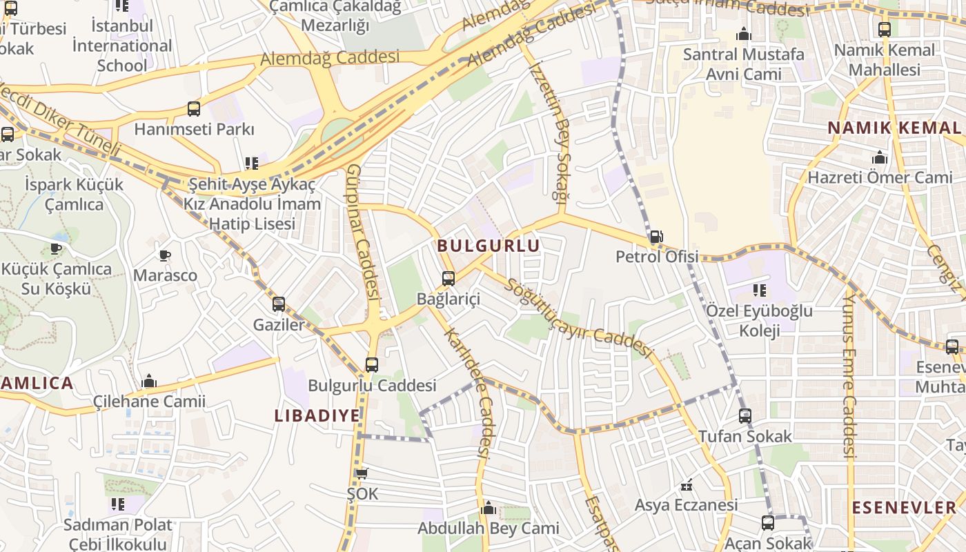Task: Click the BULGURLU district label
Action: click(489, 246)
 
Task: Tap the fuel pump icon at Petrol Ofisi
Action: click(656, 237)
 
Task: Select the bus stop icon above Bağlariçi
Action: click(448, 279)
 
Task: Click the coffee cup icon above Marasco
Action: click(165, 256)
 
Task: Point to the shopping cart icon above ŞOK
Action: click(362, 474)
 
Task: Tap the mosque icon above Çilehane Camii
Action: click(149, 382)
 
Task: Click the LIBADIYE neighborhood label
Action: click(317, 415)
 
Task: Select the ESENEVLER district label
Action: click(904, 509)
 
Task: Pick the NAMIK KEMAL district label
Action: click(894, 128)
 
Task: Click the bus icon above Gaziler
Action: click(279, 304)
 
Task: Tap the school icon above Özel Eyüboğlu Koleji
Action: click(760, 290)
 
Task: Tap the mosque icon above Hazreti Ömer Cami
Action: click(880, 158)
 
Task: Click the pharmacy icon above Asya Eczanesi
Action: click(686, 486)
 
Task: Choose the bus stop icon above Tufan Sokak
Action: click(745, 416)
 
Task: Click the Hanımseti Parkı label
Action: click(194, 129)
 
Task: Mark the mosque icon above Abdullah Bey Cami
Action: click(489, 509)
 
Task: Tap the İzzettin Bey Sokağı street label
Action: click(550, 131)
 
